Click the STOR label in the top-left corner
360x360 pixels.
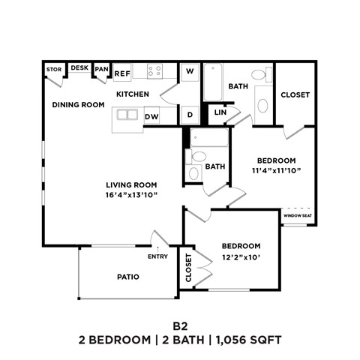point(54,70)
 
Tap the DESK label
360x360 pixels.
point(79,67)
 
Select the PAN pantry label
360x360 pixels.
point(101,70)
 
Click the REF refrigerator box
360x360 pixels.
point(123,73)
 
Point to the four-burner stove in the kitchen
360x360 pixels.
point(155,71)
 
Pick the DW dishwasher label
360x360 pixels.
point(151,116)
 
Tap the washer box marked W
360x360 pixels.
point(190,71)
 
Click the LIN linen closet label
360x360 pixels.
point(220,112)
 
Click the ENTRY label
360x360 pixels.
point(158,257)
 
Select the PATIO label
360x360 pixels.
point(127,277)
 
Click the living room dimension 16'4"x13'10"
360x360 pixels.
point(130,196)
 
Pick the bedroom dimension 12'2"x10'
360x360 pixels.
point(241,258)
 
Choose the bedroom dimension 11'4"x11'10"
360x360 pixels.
point(277,171)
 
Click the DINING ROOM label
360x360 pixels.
point(78,105)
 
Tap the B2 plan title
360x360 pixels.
point(180,325)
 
